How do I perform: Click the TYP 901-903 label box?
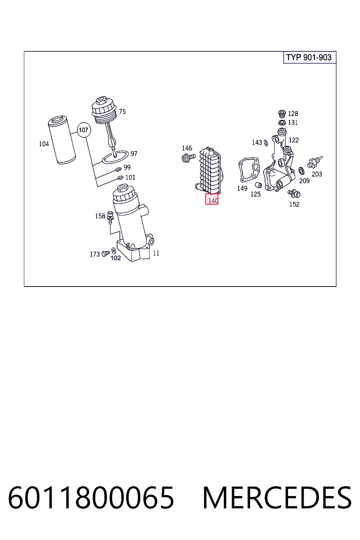click(310, 57)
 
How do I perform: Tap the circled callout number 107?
click(84, 130)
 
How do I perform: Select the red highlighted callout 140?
click(212, 199)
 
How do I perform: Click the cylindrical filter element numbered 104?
click(62, 140)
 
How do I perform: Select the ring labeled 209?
click(301, 171)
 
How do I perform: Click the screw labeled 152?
click(294, 193)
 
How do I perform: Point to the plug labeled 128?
click(282, 114)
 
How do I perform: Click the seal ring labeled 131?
click(282, 123)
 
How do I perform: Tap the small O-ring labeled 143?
click(266, 143)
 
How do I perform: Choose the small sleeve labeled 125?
click(258, 185)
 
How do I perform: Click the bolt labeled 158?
click(110, 218)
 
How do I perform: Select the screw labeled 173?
click(105, 253)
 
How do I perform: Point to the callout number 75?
click(122, 111)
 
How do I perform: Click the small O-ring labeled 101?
click(120, 178)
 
